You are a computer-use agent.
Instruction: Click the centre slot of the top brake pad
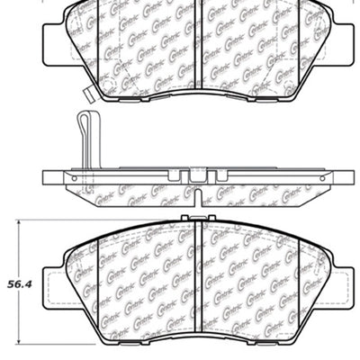(x=197, y=45)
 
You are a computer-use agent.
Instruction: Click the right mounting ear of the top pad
(x=340, y=36)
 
